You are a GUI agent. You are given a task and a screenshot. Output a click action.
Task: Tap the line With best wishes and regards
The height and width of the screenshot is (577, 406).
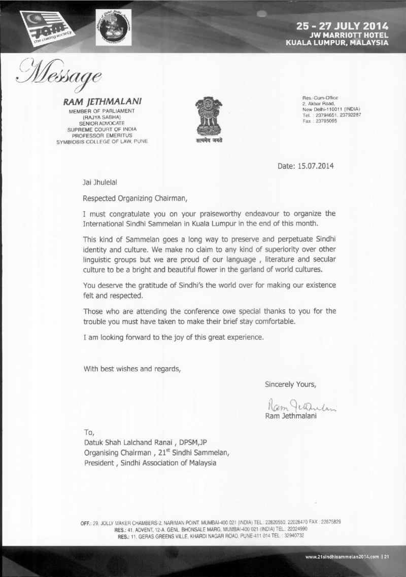coord(132,369)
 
